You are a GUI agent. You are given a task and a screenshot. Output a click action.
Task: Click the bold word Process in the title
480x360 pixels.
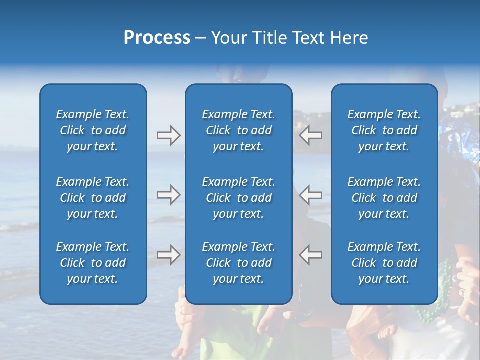click(x=157, y=38)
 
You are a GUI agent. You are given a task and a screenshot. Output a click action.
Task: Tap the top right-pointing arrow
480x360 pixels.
click(x=168, y=135)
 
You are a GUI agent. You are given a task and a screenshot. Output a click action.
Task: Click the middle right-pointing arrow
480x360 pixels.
click(x=168, y=195)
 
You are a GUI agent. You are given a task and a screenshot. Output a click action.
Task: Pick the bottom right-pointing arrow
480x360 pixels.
click(x=168, y=254)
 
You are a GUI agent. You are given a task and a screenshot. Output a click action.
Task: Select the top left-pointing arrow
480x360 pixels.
click(x=310, y=135)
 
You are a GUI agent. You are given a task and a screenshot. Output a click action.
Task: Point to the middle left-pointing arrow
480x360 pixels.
click(x=310, y=195)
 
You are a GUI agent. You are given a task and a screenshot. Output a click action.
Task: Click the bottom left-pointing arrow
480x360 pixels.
click(x=310, y=254)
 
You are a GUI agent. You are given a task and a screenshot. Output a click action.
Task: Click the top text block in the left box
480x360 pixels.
click(x=93, y=130)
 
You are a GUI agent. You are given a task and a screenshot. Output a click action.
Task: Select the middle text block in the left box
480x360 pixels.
click(x=93, y=198)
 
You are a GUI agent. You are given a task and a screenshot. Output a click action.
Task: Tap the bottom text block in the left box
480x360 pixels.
click(x=93, y=263)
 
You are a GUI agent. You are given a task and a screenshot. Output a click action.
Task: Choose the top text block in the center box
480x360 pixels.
click(x=238, y=130)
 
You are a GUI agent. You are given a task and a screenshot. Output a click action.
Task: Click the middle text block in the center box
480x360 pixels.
click(x=238, y=198)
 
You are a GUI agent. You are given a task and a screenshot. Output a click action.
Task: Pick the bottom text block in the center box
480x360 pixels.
click(x=238, y=263)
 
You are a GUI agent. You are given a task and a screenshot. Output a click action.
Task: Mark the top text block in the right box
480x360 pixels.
click(x=384, y=130)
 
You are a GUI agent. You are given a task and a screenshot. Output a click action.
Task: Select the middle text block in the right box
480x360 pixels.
click(x=384, y=198)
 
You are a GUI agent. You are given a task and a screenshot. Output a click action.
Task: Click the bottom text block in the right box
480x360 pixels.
click(x=384, y=263)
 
